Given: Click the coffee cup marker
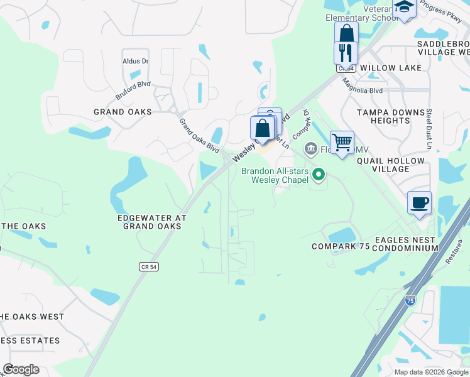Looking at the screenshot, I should [419, 203].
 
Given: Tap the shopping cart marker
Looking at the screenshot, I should [342, 143].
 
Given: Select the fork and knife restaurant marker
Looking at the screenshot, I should [346, 52].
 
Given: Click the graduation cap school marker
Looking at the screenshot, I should [404, 7].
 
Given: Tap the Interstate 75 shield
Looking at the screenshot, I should [410, 300].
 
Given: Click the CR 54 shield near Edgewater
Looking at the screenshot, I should [148, 267].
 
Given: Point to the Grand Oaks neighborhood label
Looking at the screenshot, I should [123, 112].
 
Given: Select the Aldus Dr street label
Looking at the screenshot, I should [136, 61].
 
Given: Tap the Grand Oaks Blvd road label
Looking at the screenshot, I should [199, 136].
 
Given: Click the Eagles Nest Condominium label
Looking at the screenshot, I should [405, 244].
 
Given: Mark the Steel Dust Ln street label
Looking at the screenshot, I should [429, 129].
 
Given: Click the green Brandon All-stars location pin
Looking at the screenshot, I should [319, 174].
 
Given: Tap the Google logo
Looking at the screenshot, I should [21, 369].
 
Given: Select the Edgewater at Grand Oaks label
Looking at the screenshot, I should [152, 222].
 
